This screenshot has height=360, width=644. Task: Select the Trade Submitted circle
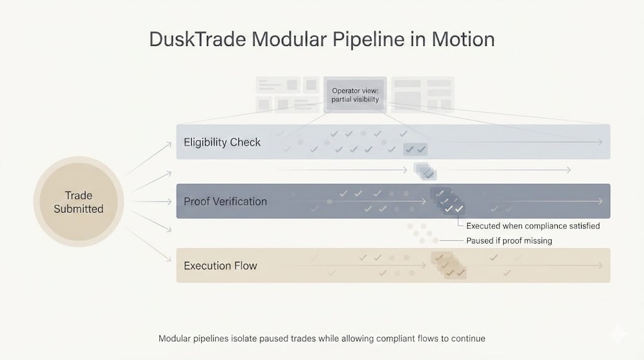tap(79, 202)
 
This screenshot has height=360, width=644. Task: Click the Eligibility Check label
tap(222, 142)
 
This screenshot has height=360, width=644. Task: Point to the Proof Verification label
tap(225, 201)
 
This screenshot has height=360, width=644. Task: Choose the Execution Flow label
tap(220, 266)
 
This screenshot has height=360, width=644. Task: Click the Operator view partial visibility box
tap(355, 95)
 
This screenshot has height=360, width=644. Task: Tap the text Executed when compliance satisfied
tap(533, 225)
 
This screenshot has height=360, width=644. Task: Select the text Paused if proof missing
tap(509, 240)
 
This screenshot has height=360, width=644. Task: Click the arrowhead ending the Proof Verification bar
tap(601, 201)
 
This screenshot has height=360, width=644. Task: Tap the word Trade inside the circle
tap(79, 196)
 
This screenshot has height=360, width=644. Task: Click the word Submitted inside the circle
tap(79, 209)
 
